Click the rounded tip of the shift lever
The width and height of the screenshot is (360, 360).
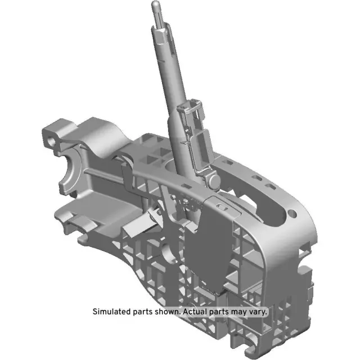(x=155, y=6)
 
